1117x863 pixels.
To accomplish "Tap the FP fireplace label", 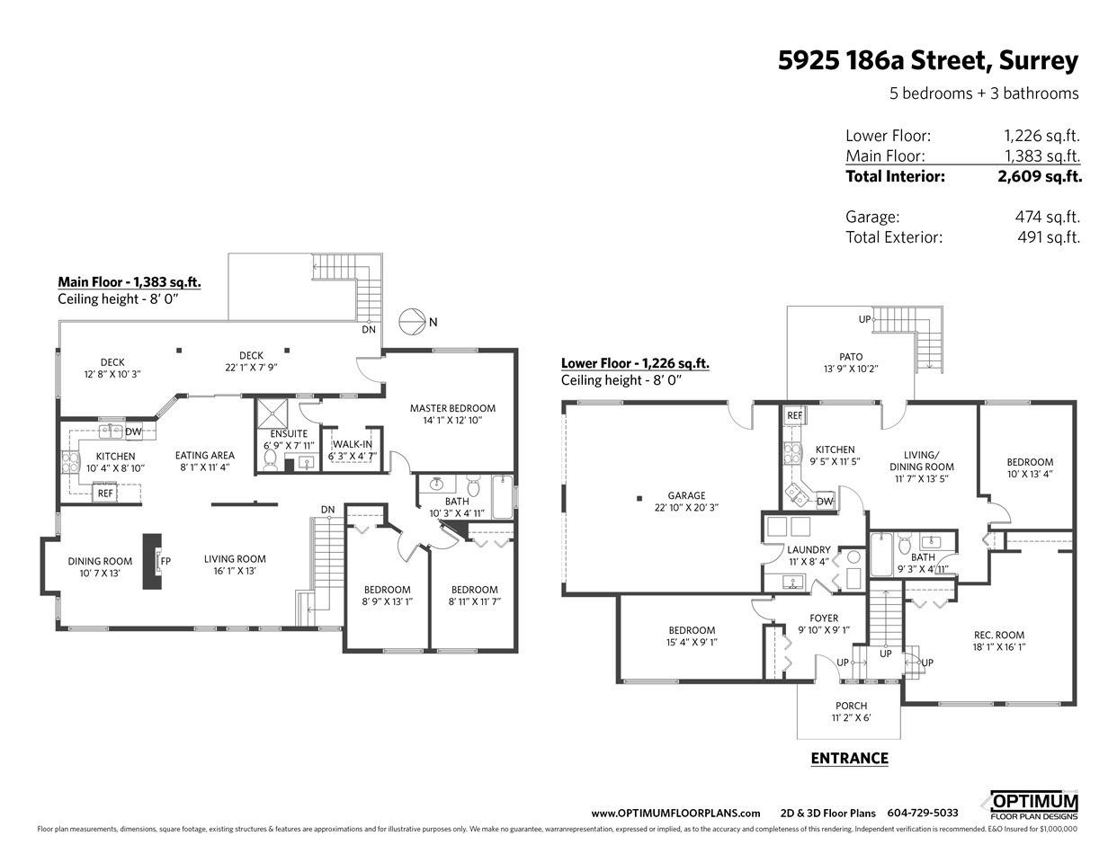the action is point(165,561).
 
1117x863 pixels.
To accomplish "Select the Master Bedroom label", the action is point(452,408).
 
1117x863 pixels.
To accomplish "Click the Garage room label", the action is point(686,495).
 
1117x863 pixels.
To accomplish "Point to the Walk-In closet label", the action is point(353,444).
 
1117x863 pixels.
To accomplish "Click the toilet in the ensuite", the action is point(270,460).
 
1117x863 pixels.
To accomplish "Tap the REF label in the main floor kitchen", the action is point(105,494).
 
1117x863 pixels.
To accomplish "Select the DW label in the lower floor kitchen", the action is point(825,502).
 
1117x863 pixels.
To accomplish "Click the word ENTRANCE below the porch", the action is point(849,758).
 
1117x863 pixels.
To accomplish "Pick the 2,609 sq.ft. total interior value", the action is point(1040,176).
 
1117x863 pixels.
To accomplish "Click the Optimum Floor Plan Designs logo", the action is point(1033,805).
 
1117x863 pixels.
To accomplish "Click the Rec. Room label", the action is point(999,635).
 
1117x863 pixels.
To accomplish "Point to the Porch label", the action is point(852,706).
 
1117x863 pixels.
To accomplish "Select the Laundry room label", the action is point(809,549).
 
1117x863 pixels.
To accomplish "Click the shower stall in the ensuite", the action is point(273,412).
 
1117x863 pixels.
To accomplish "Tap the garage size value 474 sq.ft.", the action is point(1047,217).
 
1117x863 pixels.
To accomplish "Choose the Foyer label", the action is point(824,618).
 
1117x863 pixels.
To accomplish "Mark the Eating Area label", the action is point(204,455).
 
